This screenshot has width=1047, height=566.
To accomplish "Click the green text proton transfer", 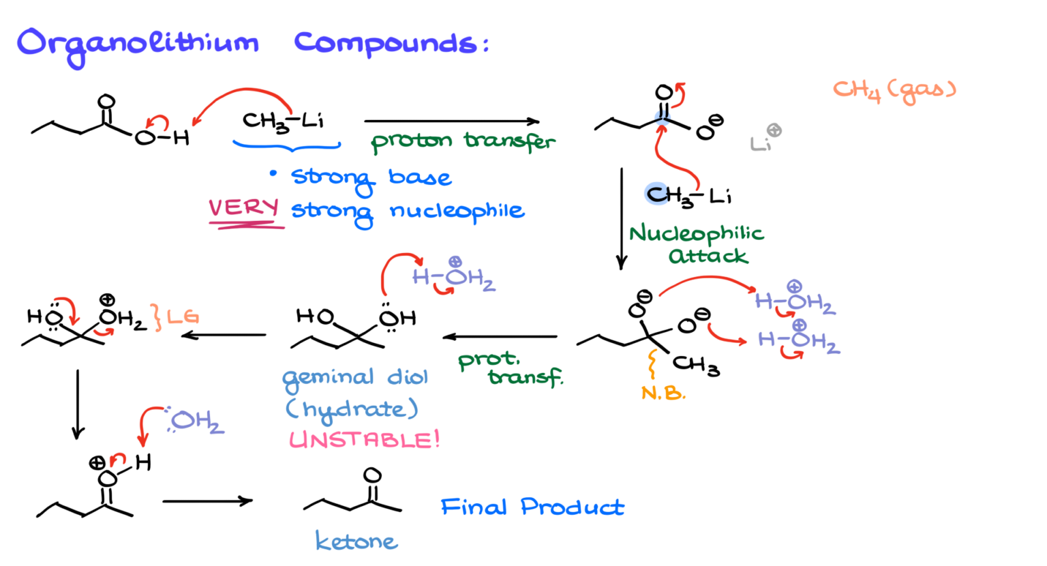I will click(463, 141).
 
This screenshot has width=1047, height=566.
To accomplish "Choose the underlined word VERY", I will click(244, 208).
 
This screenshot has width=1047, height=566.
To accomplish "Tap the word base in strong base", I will click(420, 177).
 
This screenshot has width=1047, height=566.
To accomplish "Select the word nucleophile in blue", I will click(457, 211).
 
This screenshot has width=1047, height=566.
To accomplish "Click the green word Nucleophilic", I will click(696, 235).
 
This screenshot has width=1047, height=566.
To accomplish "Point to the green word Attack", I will click(708, 257).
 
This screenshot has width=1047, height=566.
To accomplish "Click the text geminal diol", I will click(355, 378).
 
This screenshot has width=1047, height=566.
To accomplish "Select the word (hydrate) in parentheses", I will click(351, 409).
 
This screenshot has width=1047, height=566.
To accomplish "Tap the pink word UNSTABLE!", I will click(364, 440).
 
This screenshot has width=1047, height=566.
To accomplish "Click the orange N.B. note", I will click(663, 393).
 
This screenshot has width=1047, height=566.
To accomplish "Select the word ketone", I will click(356, 541).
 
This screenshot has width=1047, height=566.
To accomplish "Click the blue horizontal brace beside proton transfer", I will click(286, 145).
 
